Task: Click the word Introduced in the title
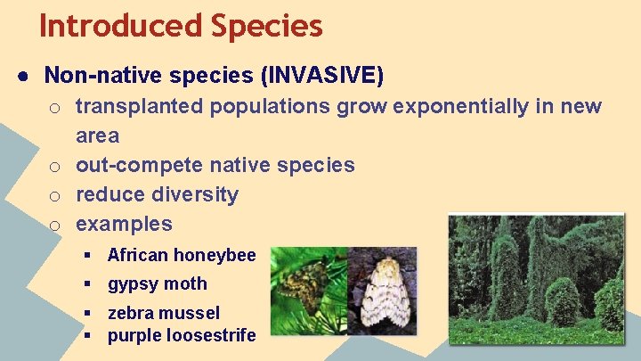(119, 25)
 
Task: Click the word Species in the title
(266, 25)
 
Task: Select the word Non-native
(96, 77)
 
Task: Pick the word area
(97, 135)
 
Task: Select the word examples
(124, 224)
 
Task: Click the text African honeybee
(182, 256)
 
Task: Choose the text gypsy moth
(157, 284)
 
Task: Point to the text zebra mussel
(164, 313)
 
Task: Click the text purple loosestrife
(182, 335)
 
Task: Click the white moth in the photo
(384, 294)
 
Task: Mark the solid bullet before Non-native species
(20, 78)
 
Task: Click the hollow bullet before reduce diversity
(55, 195)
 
